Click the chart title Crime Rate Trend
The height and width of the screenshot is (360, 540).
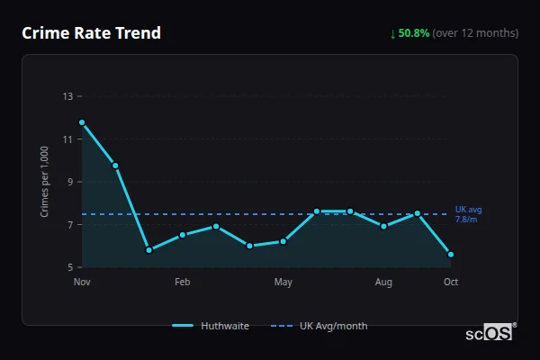tap(91, 33)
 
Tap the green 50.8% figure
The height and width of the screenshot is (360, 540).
tap(414, 33)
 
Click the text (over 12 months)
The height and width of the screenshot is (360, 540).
tap(475, 33)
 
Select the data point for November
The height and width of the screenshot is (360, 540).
tap(82, 122)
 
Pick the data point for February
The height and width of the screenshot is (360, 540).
tap(183, 235)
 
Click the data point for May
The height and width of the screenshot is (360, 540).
tap(283, 241)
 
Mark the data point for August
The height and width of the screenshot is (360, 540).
tap(384, 226)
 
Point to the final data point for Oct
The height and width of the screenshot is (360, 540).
tap(451, 254)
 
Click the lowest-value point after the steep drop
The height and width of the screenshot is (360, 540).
tap(148, 250)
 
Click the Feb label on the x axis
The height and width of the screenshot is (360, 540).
tap(183, 283)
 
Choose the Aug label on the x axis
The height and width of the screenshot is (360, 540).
tap(384, 283)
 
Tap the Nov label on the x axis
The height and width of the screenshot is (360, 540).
tap(82, 283)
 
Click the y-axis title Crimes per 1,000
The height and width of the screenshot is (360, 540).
tap(45, 182)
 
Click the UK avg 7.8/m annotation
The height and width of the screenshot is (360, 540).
tap(467, 214)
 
